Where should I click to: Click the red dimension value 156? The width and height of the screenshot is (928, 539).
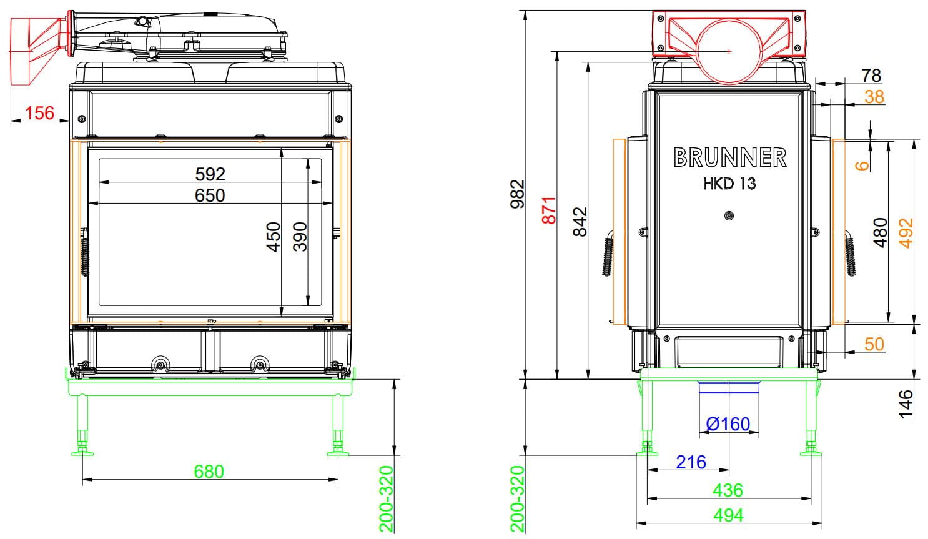[40, 112]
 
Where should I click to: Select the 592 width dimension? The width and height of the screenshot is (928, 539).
[210, 174]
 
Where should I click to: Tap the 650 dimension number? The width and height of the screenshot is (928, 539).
[210, 195]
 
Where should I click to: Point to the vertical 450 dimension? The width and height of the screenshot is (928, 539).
[274, 237]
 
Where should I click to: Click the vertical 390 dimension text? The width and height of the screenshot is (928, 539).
[300, 237]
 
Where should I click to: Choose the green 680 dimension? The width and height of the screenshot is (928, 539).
[209, 472]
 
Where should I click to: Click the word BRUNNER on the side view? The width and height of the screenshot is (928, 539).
[730, 157]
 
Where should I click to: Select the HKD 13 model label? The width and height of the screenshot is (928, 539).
[729, 184]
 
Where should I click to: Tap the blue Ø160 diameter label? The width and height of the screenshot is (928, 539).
[728, 424]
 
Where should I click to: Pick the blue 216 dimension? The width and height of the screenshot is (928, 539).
[691, 462]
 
